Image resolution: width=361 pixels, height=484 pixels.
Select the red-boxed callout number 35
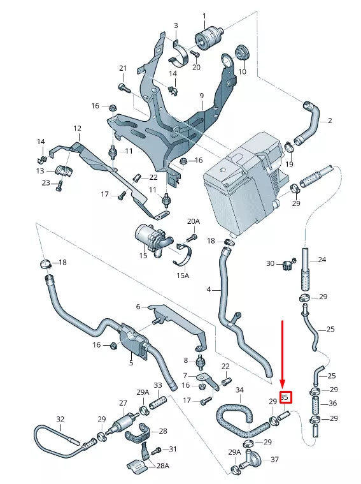285,397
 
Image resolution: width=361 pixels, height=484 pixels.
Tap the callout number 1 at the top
204,16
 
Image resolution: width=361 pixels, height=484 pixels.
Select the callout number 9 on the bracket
201,96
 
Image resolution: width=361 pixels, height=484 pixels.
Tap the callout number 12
77,128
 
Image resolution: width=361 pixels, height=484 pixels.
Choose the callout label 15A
183,275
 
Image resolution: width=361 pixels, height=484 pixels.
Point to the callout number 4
208,290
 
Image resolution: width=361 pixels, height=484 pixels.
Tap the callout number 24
322,260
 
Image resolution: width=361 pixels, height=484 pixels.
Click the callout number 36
332,403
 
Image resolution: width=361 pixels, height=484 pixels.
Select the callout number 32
60,419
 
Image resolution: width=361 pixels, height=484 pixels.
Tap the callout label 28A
163,466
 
